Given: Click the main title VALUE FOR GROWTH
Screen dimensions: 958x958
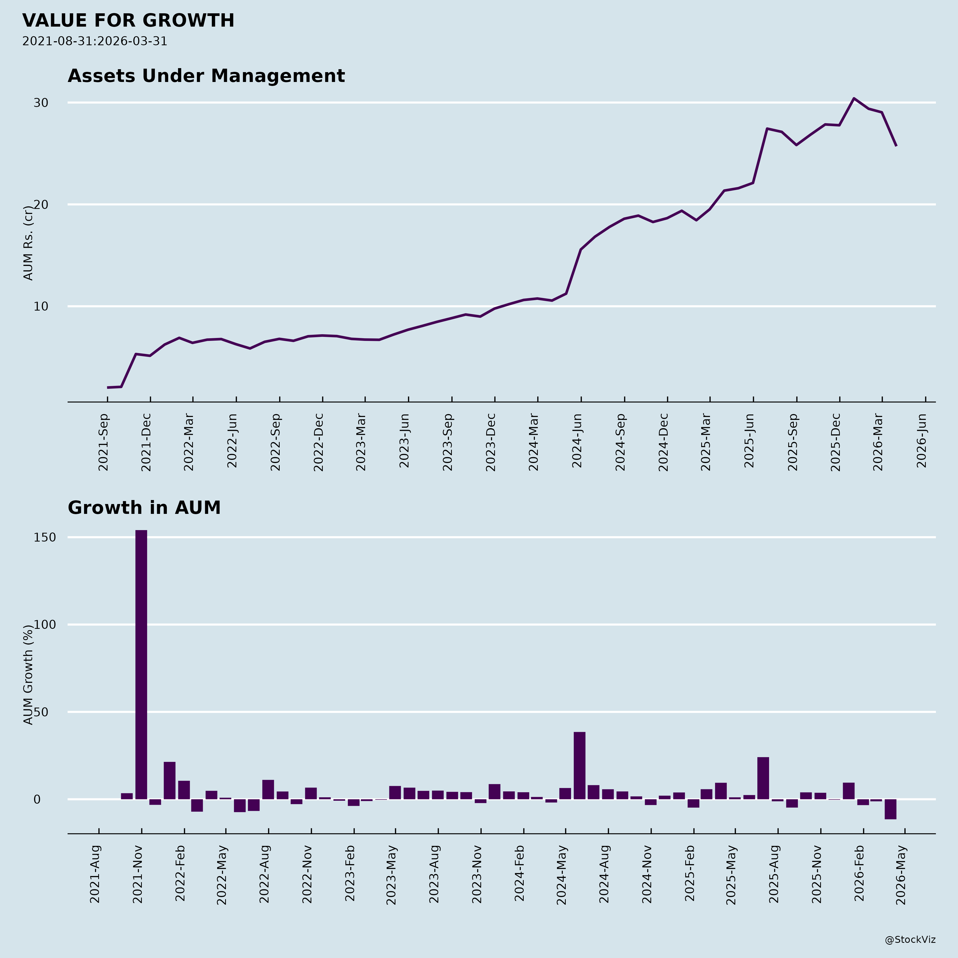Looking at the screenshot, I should [x=128, y=21].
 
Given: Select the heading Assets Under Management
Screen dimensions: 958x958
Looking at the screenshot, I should [x=206, y=76].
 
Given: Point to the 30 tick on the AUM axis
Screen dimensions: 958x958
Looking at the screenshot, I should [x=41, y=103].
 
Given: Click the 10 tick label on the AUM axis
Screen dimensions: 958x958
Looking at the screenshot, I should [x=41, y=307].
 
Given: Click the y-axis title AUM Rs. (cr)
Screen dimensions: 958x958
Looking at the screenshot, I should [x=29, y=243].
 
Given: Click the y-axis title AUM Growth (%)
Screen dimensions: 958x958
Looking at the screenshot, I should [x=29, y=674].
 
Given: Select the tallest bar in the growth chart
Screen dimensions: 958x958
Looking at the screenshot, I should [x=141, y=664].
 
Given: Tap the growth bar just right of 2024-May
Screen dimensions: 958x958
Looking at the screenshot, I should [x=579, y=765].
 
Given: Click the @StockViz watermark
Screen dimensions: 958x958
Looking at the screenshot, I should [x=910, y=940].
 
